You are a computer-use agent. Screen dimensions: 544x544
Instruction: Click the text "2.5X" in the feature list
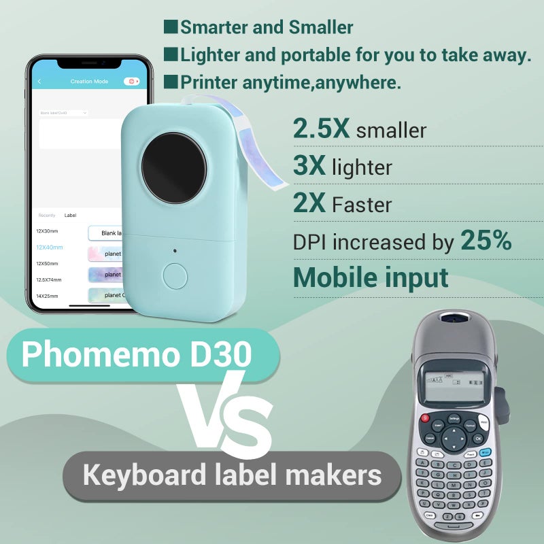321,129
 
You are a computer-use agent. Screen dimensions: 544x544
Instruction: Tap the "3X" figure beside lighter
309,166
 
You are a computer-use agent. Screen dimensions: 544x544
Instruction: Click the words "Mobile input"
371,277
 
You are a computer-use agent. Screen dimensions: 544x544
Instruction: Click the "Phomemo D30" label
136,354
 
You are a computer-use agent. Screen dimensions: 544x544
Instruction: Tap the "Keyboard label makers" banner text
232,475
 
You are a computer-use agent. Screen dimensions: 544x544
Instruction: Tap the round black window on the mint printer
173,167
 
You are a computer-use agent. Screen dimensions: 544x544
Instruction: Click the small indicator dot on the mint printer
175,250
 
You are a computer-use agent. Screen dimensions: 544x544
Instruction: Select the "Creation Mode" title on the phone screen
89,82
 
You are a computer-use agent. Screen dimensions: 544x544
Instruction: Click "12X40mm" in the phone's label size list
49,248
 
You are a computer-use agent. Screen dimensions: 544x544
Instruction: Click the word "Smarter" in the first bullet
212,28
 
